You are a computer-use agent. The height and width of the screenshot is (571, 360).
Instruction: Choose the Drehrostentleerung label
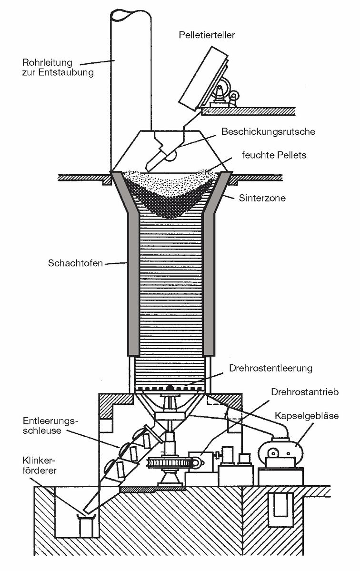point(270,368)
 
